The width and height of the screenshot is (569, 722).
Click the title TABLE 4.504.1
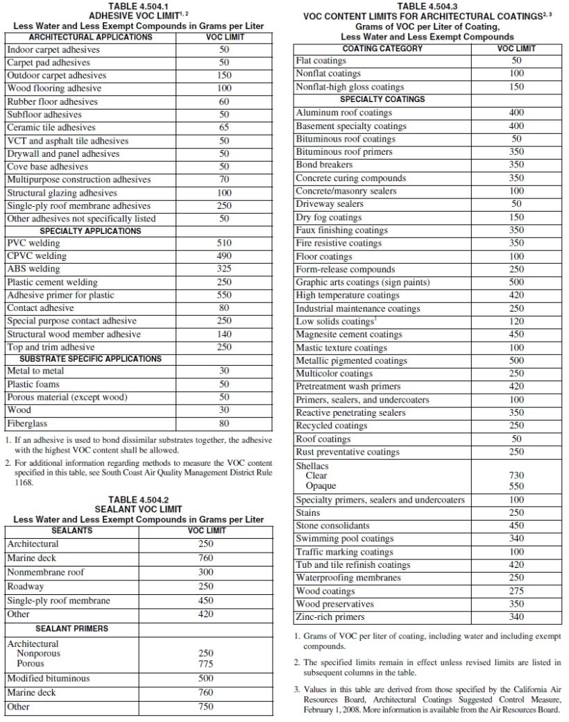pyautogui.click(x=138, y=6)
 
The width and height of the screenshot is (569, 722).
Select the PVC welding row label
pyautogui.click(x=33, y=244)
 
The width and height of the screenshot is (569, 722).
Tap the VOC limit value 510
pyautogui.click(x=224, y=244)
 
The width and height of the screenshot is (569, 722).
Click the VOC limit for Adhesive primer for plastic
pyautogui.click(x=224, y=295)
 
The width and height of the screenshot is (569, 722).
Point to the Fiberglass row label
pyautogui.click(x=27, y=423)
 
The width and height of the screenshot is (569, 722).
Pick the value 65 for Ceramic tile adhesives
pyautogui.click(x=224, y=128)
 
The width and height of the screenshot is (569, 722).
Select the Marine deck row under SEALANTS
pyautogui.click(x=32, y=558)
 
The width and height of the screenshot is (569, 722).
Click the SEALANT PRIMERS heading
pyautogui.click(x=71, y=628)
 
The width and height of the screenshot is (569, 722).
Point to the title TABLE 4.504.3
pyautogui.click(x=427, y=6)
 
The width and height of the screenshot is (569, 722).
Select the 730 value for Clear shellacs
pyautogui.click(x=516, y=476)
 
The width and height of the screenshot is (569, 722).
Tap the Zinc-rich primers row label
pyautogui.click(x=330, y=617)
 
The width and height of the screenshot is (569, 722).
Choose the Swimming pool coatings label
pyautogui.click(x=344, y=539)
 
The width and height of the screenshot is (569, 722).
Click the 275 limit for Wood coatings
pyautogui.click(x=516, y=591)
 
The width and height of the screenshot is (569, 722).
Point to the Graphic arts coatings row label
pyautogui.click(x=362, y=283)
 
